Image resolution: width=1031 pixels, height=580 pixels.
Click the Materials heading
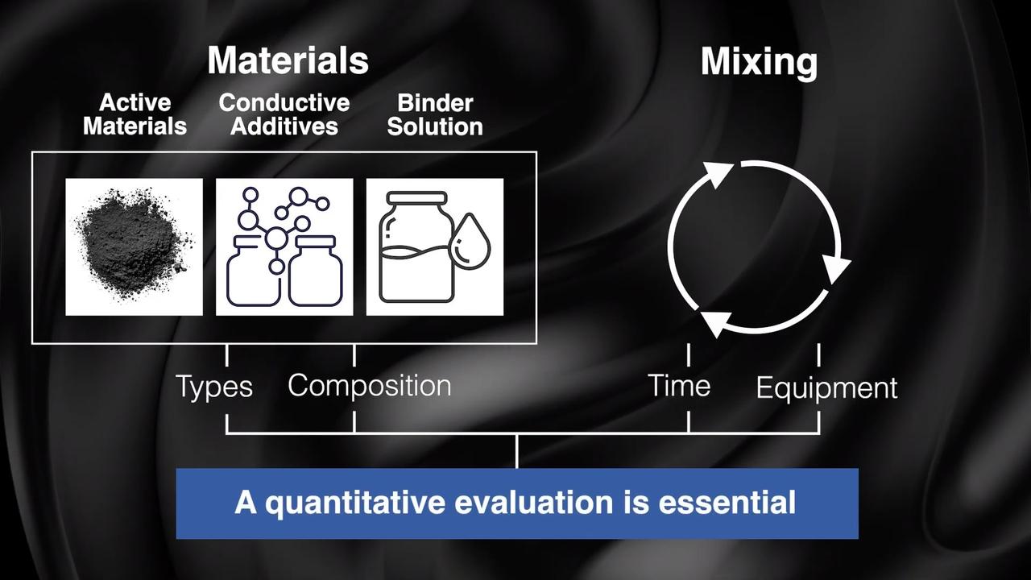(x=288, y=60)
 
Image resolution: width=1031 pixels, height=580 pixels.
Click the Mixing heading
(x=759, y=63)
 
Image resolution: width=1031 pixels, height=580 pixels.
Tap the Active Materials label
(x=135, y=114)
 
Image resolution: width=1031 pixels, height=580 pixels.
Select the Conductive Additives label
(x=284, y=114)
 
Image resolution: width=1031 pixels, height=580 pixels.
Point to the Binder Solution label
(x=435, y=115)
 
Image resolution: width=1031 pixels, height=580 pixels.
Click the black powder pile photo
(x=134, y=246)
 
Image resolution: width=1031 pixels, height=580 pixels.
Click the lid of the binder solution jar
(x=416, y=198)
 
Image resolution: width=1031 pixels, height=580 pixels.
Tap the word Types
(x=214, y=387)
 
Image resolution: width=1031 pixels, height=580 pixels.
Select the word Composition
(x=370, y=386)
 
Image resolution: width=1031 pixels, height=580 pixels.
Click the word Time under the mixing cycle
(x=679, y=385)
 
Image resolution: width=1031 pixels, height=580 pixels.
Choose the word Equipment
(x=826, y=388)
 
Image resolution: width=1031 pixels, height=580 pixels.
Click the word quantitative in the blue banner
(x=355, y=503)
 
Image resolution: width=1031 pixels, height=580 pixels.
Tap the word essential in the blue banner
(x=727, y=502)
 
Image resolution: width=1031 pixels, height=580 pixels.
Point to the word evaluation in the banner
(x=534, y=502)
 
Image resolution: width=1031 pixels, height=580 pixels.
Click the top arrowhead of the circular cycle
(x=719, y=175)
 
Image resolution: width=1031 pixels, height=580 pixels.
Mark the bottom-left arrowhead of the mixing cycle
(x=714, y=322)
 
